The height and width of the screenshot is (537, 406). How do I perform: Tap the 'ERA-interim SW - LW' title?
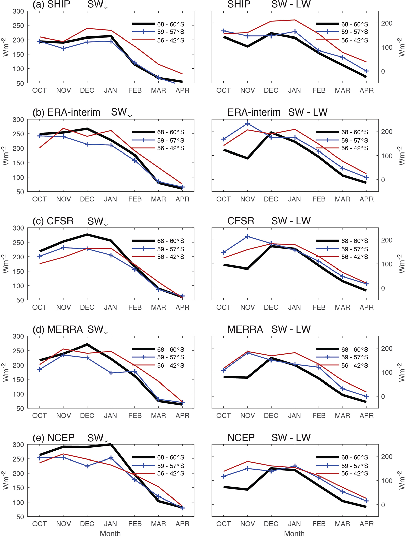click(277, 112)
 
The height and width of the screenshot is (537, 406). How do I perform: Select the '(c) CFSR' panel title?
click(53, 221)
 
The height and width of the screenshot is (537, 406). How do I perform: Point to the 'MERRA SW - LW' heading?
click(269, 329)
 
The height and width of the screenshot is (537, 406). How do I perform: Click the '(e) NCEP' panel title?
click(53, 438)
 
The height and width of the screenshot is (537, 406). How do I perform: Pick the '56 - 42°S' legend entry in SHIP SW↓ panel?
click(171, 40)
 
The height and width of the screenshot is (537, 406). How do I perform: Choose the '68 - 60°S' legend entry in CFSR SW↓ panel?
click(171, 241)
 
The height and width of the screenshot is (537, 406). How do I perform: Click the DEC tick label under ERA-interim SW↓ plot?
click(87, 199)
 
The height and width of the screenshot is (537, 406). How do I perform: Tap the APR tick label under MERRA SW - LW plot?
click(366, 416)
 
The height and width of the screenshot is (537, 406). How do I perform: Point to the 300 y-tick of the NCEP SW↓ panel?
click(18, 445)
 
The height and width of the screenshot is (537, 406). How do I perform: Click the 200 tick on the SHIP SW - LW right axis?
click(386, 23)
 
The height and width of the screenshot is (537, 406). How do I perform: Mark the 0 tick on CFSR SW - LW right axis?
click(383, 288)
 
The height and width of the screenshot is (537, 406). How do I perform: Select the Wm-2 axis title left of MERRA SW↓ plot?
click(6, 372)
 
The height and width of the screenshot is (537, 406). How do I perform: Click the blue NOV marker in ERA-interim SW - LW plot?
click(248, 124)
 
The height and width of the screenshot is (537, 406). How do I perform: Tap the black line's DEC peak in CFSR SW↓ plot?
click(87, 235)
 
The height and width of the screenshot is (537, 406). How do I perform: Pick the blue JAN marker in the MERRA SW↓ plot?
click(111, 373)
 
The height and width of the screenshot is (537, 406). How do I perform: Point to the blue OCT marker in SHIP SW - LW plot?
click(224, 31)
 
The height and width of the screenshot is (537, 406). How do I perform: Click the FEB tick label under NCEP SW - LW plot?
click(319, 524)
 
